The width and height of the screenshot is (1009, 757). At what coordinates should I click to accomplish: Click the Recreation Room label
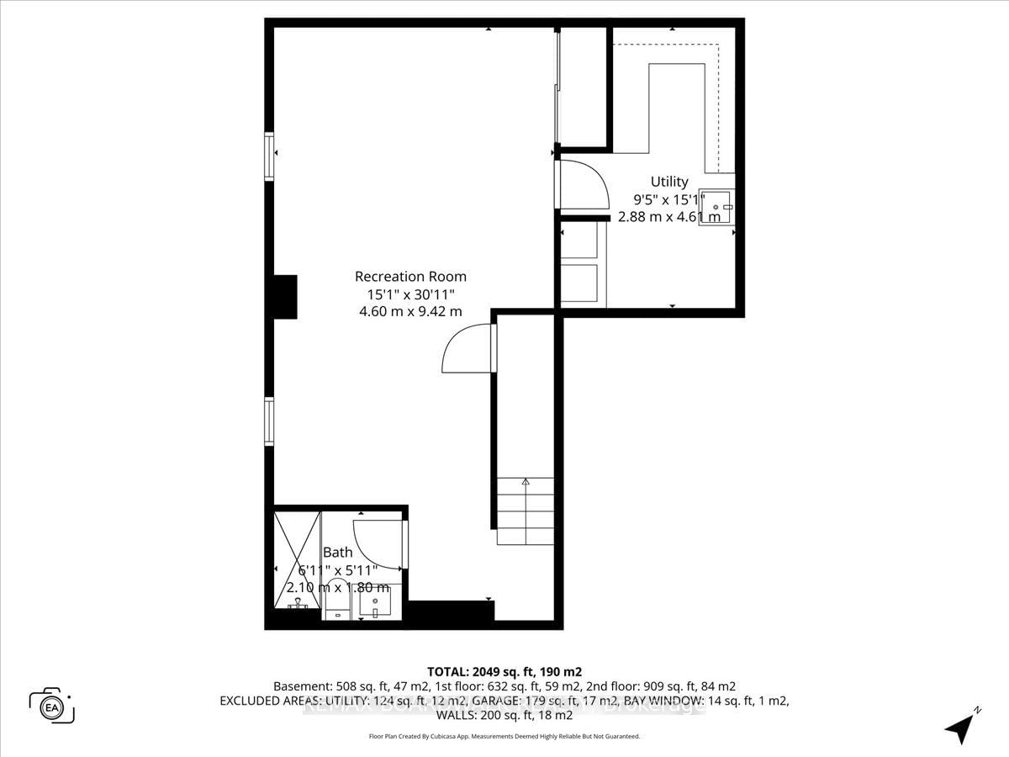tap(410, 277)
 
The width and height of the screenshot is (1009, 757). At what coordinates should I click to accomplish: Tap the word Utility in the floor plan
tap(669, 182)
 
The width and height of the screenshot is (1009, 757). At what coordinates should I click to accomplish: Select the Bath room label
tap(338, 553)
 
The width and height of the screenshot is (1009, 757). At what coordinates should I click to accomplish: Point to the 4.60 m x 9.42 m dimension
tap(410, 311)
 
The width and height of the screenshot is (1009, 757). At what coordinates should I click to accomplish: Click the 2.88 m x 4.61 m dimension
tap(669, 217)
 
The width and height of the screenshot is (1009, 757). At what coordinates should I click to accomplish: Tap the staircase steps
tap(526, 511)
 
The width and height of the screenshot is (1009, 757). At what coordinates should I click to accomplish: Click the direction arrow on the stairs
tap(526, 483)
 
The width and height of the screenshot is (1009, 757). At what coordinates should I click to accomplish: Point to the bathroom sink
tap(375, 602)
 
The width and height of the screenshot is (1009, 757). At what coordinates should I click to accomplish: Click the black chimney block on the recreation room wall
tap(285, 297)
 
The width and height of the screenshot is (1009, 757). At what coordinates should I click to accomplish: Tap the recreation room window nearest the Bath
tap(269, 421)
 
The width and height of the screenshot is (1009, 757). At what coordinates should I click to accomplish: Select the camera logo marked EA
tap(51, 706)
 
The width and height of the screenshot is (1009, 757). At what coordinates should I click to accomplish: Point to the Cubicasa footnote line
tap(504, 736)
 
